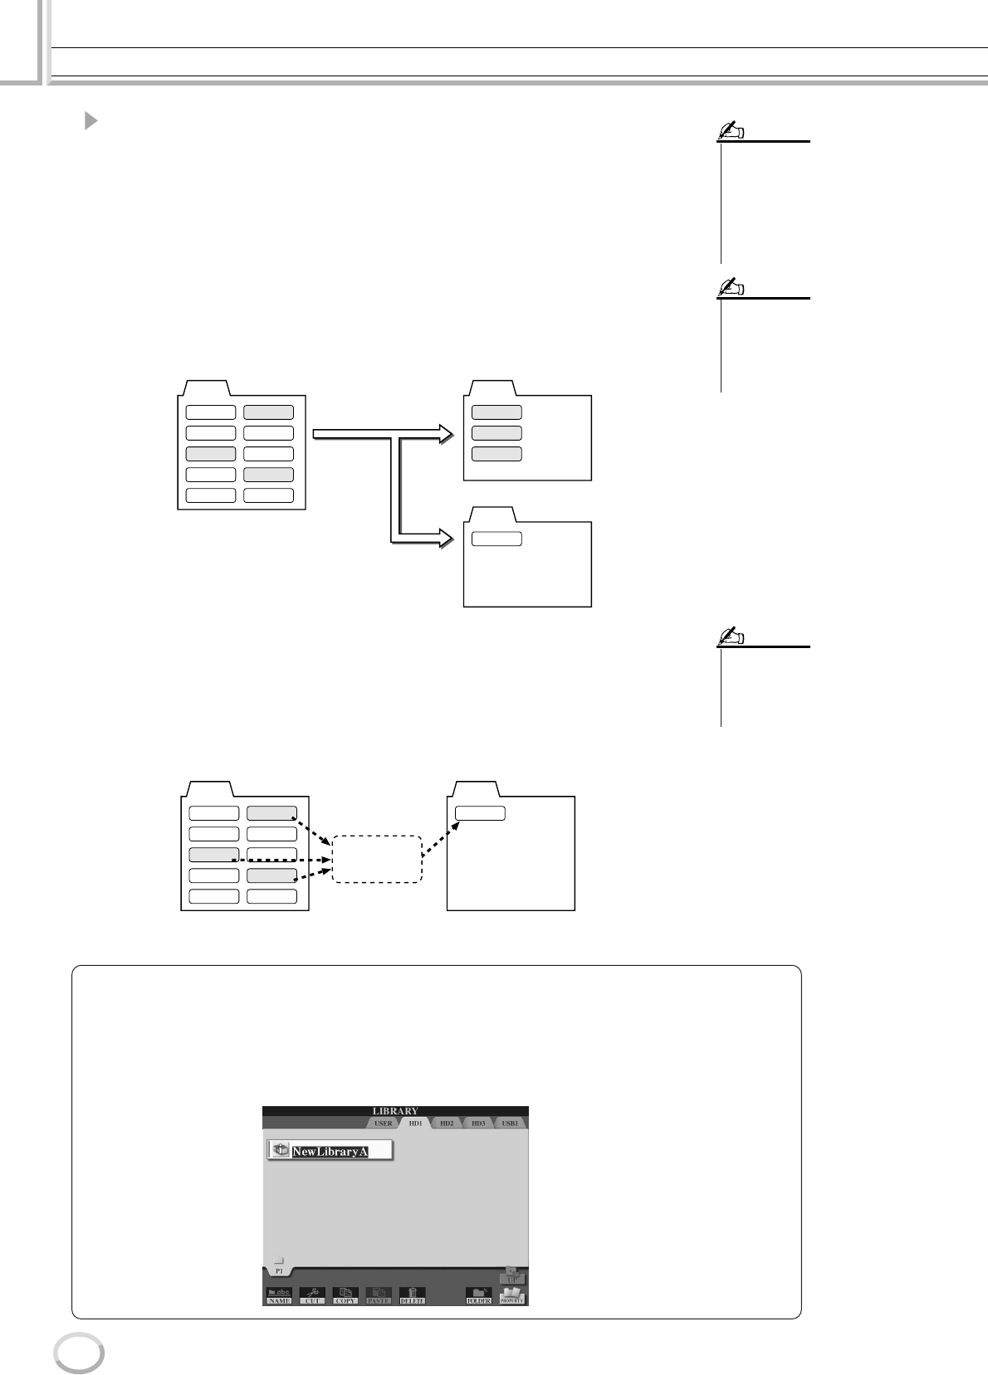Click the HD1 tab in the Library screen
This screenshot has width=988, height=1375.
pyautogui.click(x=414, y=1123)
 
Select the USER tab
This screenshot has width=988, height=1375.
pyautogui.click(x=383, y=1123)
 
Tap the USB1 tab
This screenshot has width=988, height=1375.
pyautogui.click(x=510, y=1123)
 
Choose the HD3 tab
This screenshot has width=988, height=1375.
pyautogui.click(x=477, y=1123)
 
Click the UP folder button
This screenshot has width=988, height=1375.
pyautogui.click(x=512, y=1275)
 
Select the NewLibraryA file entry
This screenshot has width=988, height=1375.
pyautogui.click(x=330, y=1150)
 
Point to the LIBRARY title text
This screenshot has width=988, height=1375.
pyautogui.click(x=395, y=1110)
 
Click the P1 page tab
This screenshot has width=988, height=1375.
pyautogui.click(x=278, y=1267)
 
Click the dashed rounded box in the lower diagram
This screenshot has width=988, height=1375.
pyautogui.click(x=377, y=859)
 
